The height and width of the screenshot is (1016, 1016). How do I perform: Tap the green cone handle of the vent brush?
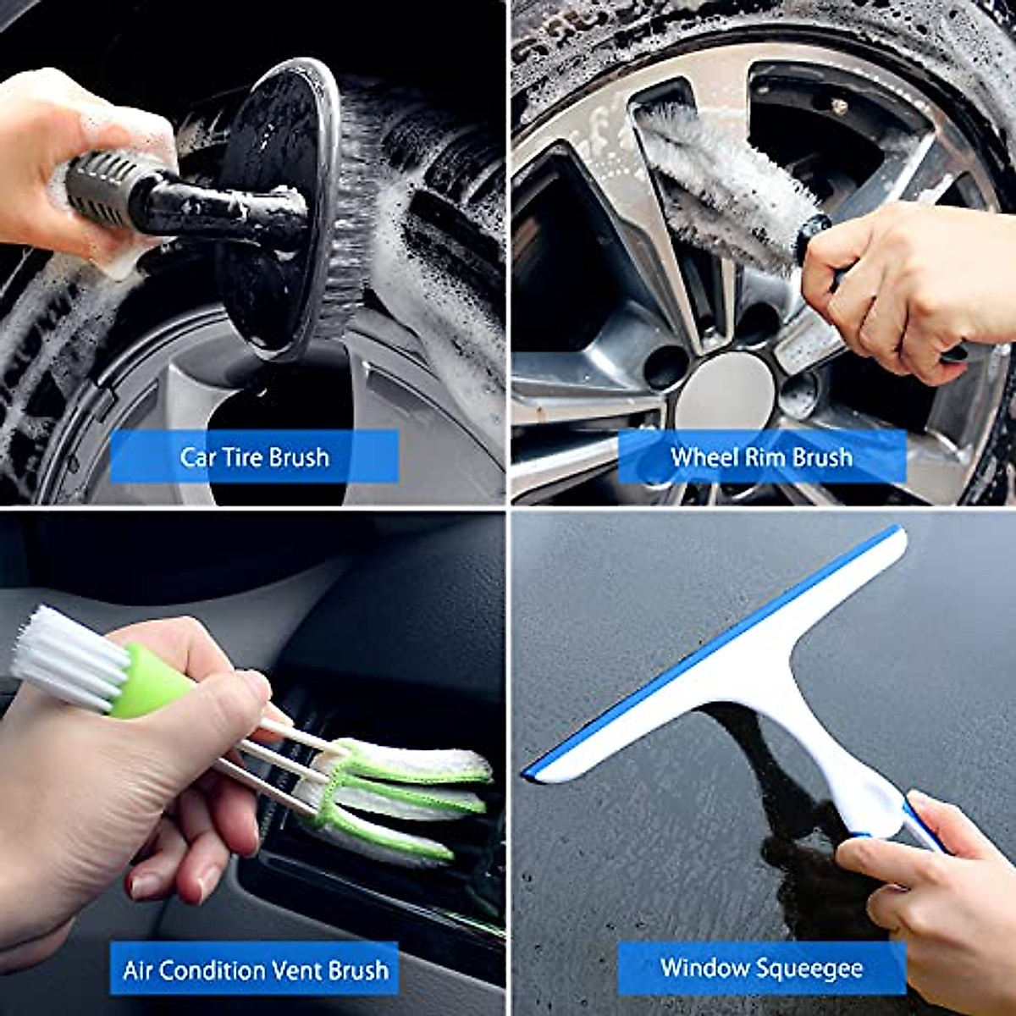click(x=150, y=680)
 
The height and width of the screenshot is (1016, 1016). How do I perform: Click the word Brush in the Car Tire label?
click(x=299, y=456)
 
